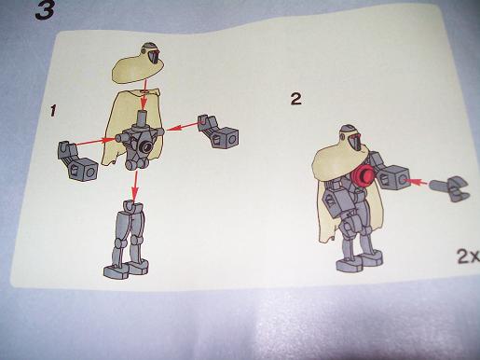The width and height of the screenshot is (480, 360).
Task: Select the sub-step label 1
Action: (56, 111)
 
